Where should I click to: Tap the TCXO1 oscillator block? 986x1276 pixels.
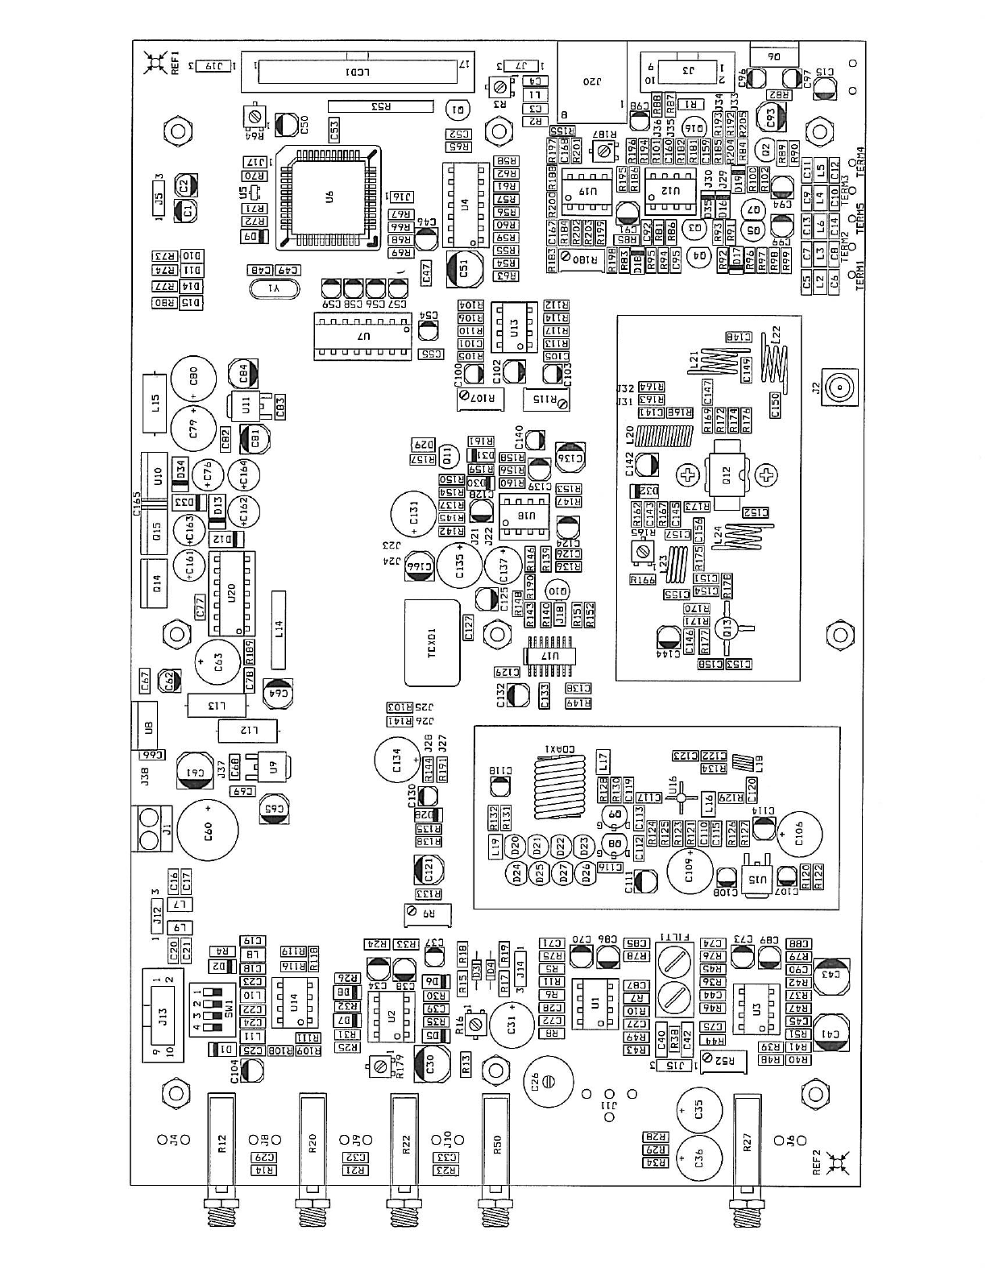click(x=432, y=643)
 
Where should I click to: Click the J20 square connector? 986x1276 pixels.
click(x=592, y=81)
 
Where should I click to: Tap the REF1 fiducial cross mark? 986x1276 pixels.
click(x=154, y=62)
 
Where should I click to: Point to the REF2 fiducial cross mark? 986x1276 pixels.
click(x=835, y=1161)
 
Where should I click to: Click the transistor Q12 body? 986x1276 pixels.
click(x=727, y=475)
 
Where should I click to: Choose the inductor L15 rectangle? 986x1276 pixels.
click(x=155, y=401)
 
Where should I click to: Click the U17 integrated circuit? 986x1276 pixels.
click(x=551, y=657)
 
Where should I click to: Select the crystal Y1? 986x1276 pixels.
click(x=274, y=288)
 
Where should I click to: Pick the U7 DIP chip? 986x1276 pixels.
click(x=361, y=337)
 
